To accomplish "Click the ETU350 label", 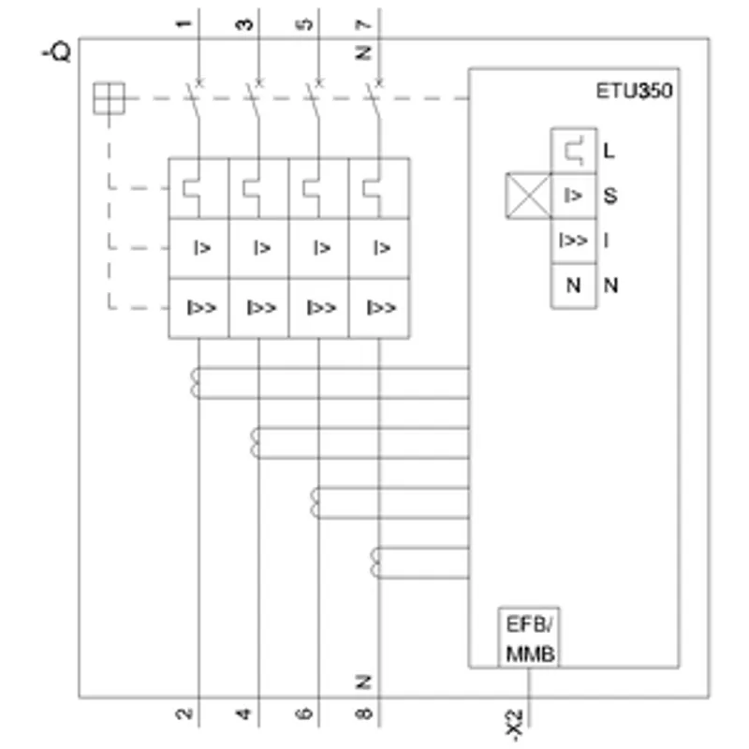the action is pos(634,91).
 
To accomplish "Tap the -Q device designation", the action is pos(57,52).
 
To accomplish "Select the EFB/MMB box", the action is pos(529,638).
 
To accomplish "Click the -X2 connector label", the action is pos(514,725).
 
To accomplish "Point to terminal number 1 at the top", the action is pos(184,23).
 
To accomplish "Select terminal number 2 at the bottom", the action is pos(184,713).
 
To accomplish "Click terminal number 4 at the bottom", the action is pos(243,713).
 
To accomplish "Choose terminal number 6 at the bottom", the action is pos(303,713).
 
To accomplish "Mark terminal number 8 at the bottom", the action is pos(364,713).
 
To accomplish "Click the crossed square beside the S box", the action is pos(528,196).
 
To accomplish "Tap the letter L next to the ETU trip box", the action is pos(609,151).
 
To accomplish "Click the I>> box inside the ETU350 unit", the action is pos(574,241).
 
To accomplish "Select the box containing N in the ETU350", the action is pos(574,286).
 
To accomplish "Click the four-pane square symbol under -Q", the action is pos(109,98).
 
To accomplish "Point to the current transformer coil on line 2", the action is pos(195,383).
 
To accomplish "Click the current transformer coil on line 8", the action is pos(375,563).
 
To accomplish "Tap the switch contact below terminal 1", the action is pos(194,100).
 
